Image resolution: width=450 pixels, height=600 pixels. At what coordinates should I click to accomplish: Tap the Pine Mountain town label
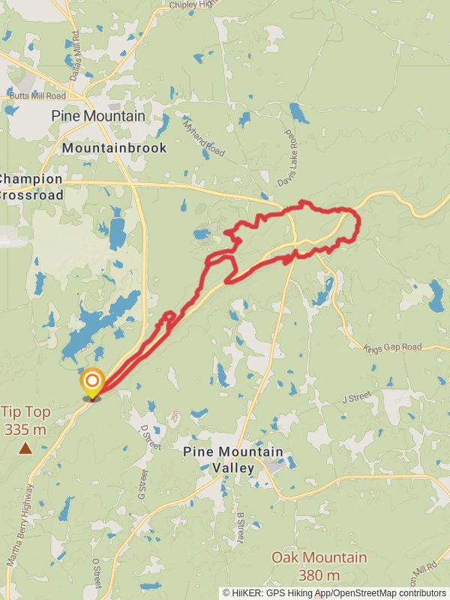(97, 116)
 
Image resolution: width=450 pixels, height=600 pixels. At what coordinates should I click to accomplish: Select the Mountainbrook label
(114, 148)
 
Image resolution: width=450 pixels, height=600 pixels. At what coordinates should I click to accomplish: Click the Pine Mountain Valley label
(233, 460)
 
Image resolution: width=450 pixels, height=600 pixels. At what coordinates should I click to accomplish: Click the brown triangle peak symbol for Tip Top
(25, 448)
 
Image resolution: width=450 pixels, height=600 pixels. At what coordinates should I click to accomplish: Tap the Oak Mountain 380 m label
(319, 565)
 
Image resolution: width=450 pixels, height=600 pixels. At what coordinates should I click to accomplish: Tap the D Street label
(151, 437)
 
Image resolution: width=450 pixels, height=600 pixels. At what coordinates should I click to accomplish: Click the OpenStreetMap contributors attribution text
(390, 592)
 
